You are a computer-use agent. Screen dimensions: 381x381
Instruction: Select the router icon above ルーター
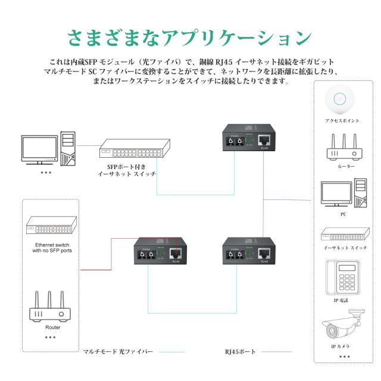pos(343,147)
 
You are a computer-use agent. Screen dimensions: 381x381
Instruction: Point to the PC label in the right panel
pos(343,214)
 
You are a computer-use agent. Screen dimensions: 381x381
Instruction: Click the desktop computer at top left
pos(48,148)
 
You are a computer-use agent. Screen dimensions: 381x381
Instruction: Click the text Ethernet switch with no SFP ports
pos(52,248)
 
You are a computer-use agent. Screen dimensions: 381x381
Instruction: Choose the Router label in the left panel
pos(53,327)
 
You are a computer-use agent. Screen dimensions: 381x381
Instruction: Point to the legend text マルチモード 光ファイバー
pos(118,352)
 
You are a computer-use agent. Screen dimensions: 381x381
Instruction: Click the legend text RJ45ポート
pos(241,352)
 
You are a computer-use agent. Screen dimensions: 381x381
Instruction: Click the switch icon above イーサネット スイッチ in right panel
pos(343,234)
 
